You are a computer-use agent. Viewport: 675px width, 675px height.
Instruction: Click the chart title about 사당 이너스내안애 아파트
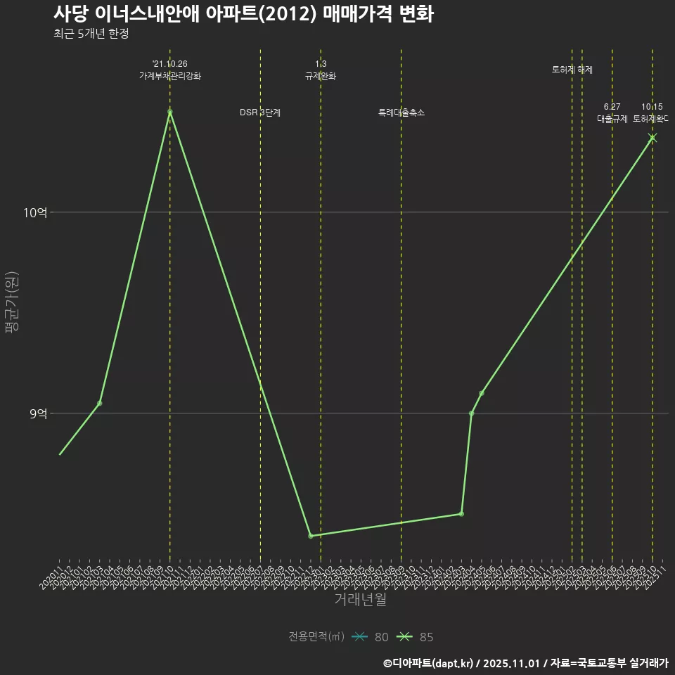pos(243,14)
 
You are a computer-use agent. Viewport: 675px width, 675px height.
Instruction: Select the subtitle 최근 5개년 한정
pos(91,34)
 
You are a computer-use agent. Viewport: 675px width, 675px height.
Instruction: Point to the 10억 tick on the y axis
pos(34,212)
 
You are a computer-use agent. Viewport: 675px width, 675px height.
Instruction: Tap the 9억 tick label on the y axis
pos(38,414)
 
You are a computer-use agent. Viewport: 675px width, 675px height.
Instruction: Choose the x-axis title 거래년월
pos(360,600)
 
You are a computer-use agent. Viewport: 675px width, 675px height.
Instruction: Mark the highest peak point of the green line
pos(169,111)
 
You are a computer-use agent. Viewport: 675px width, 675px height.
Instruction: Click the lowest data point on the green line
pos(310,536)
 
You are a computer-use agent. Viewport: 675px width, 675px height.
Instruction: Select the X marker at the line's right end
pos(652,138)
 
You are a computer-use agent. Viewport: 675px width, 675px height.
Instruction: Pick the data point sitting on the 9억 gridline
pos(471,413)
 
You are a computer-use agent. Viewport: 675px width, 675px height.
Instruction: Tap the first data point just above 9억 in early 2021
pos(99,403)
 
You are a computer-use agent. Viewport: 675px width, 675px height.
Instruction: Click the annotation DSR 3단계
pos(260,112)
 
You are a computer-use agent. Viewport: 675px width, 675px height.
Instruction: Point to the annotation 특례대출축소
pos(401,112)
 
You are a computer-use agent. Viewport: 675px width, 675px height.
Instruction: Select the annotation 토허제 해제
pos(572,70)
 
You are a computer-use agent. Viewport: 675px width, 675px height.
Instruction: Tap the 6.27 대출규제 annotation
pos(612,113)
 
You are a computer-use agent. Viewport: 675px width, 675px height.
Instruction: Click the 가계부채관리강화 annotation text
pos(169,76)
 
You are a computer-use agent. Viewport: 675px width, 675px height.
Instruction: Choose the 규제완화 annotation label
pos(321,76)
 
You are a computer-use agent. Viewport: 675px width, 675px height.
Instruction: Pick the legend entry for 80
pos(372,637)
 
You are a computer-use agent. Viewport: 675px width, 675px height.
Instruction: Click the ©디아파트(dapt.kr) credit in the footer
pos(429,663)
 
